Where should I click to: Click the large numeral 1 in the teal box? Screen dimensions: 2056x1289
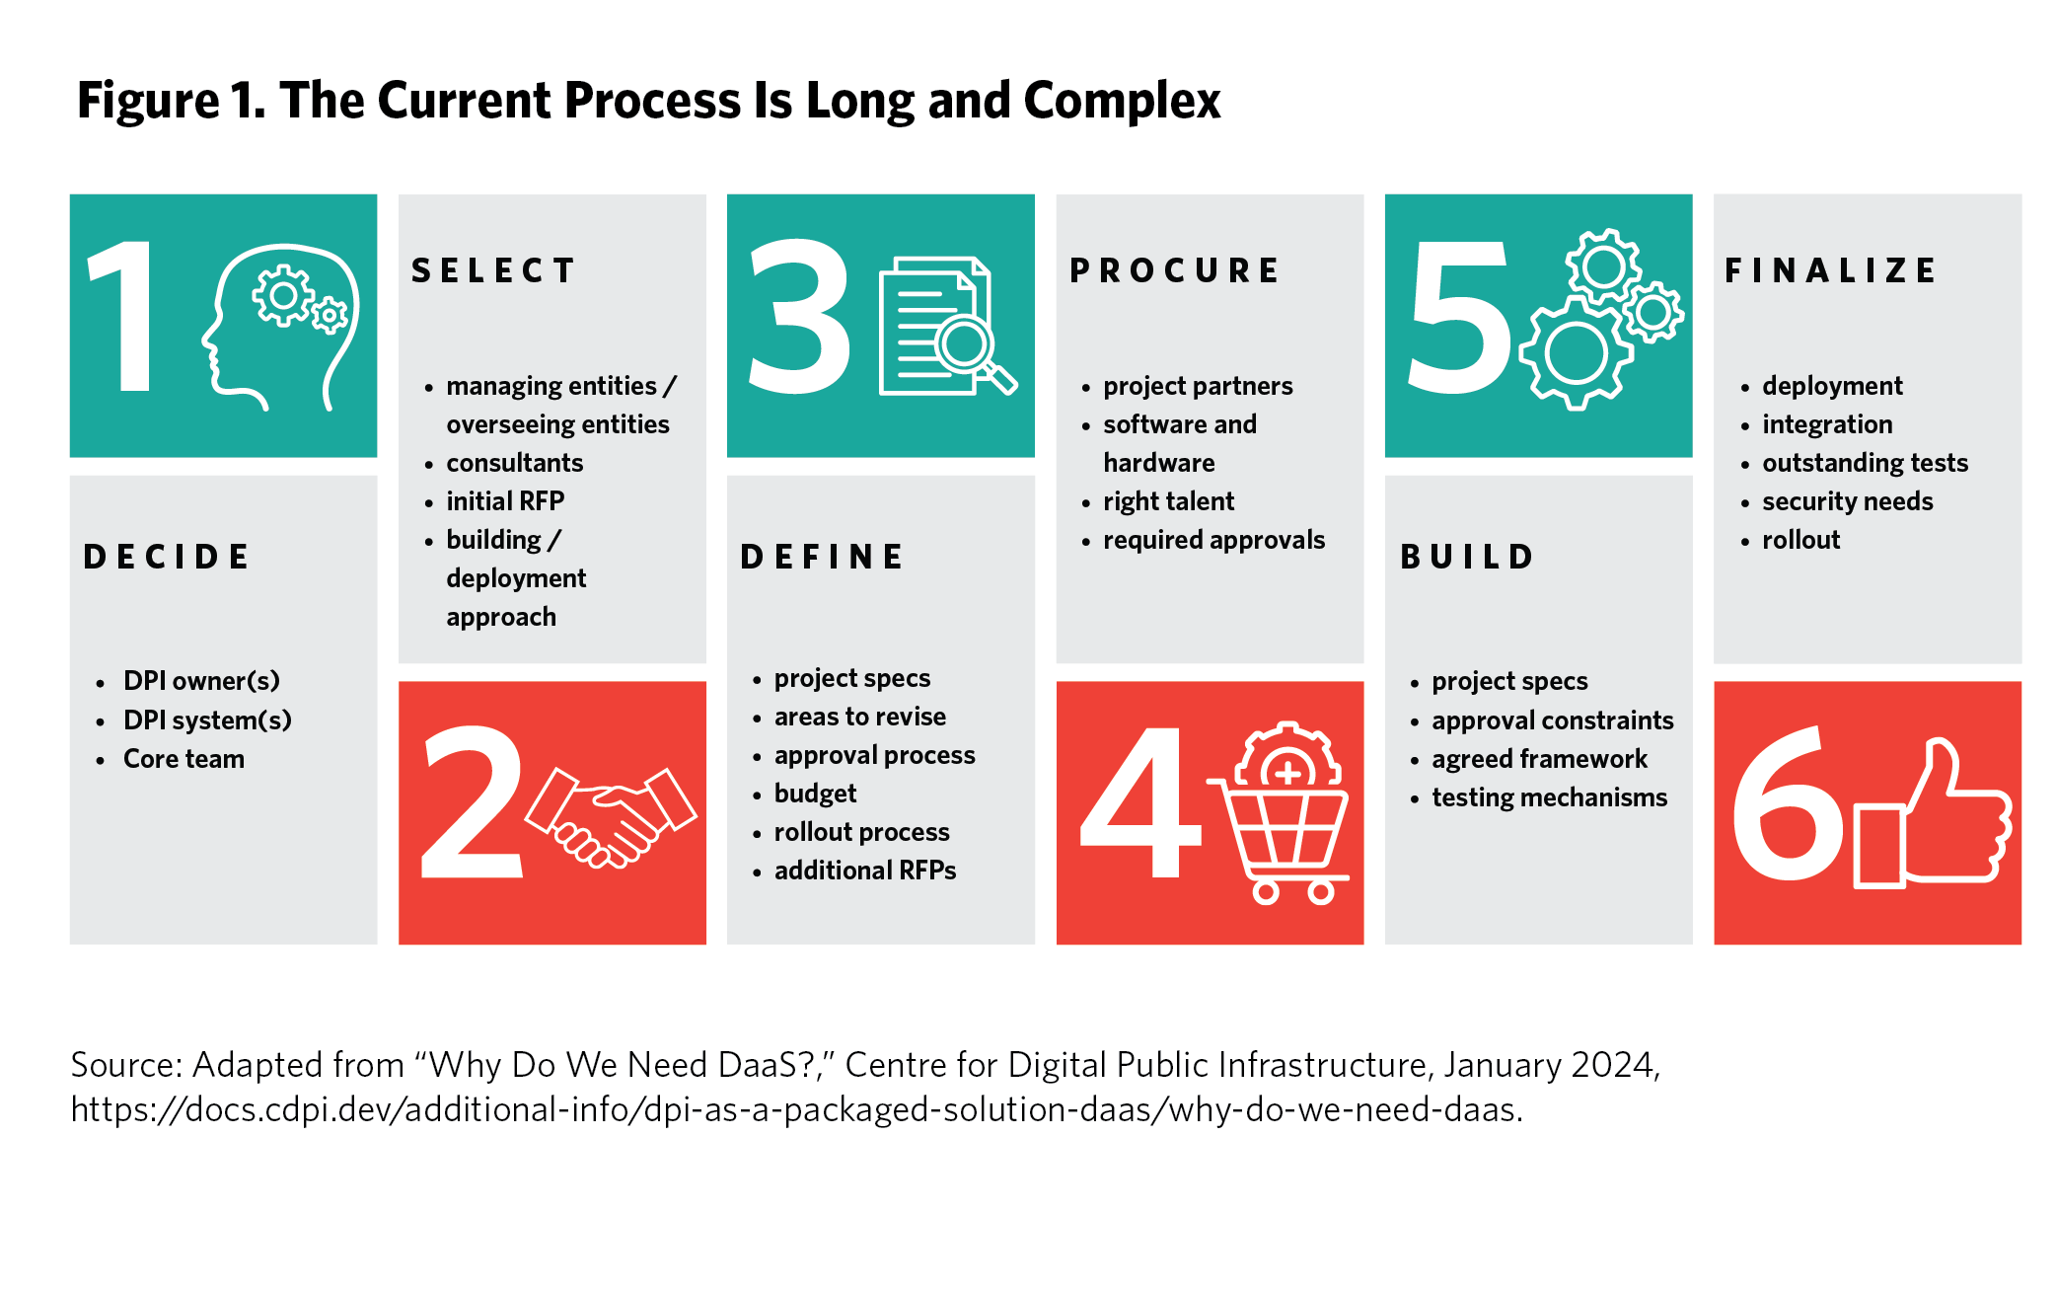pyautogui.click(x=122, y=316)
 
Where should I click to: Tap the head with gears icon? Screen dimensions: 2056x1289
pyautogui.click(x=280, y=326)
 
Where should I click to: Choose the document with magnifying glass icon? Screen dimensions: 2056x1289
pyautogui.click(x=947, y=326)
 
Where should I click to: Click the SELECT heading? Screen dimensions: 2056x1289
pyautogui.click(x=493, y=270)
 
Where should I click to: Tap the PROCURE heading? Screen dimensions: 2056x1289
pyautogui.click(x=1174, y=270)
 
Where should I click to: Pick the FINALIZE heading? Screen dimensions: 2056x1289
pyautogui.click(x=1830, y=270)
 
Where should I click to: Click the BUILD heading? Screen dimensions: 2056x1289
pyautogui.click(x=1467, y=557)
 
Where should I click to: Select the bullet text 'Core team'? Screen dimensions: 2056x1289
pyautogui.click(x=184, y=759)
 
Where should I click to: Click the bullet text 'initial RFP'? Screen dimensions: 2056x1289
pyautogui.click(x=505, y=501)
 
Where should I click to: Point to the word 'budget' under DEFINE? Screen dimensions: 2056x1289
pyautogui.click(x=815, y=794)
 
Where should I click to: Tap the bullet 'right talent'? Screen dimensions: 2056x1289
pyautogui.click(x=1168, y=501)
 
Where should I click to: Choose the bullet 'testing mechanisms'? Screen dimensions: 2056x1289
pyautogui.click(x=1549, y=797)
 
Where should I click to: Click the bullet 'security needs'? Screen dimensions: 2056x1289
pyautogui.click(x=1847, y=501)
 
